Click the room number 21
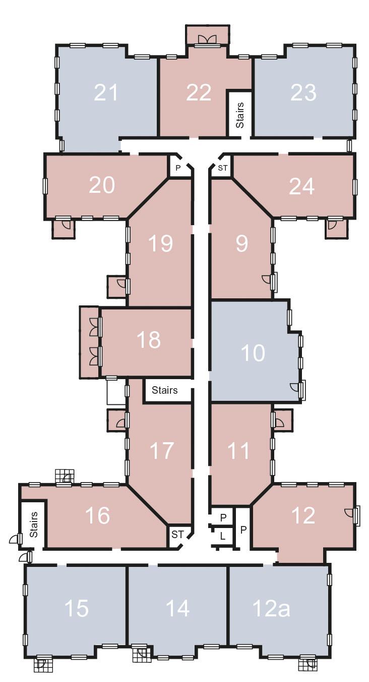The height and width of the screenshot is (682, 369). (x=106, y=92)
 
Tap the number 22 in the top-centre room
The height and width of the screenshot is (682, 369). (x=199, y=92)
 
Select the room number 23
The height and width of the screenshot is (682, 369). (x=303, y=92)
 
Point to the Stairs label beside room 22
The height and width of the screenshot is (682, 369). (x=240, y=115)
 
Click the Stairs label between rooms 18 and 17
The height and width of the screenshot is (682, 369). (x=165, y=390)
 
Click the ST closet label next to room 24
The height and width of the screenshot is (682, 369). (x=223, y=168)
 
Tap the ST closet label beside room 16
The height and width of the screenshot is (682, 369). (x=177, y=534)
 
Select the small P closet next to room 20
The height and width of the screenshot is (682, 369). (x=178, y=168)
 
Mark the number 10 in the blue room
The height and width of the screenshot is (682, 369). (x=253, y=353)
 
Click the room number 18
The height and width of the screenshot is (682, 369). (x=149, y=340)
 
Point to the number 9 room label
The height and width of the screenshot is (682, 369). (x=242, y=243)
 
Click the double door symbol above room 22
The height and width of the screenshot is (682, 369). (x=207, y=39)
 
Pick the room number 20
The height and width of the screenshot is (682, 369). (x=102, y=185)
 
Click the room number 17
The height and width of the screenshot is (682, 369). (x=162, y=451)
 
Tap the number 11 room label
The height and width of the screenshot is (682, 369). (x=238, y=451)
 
